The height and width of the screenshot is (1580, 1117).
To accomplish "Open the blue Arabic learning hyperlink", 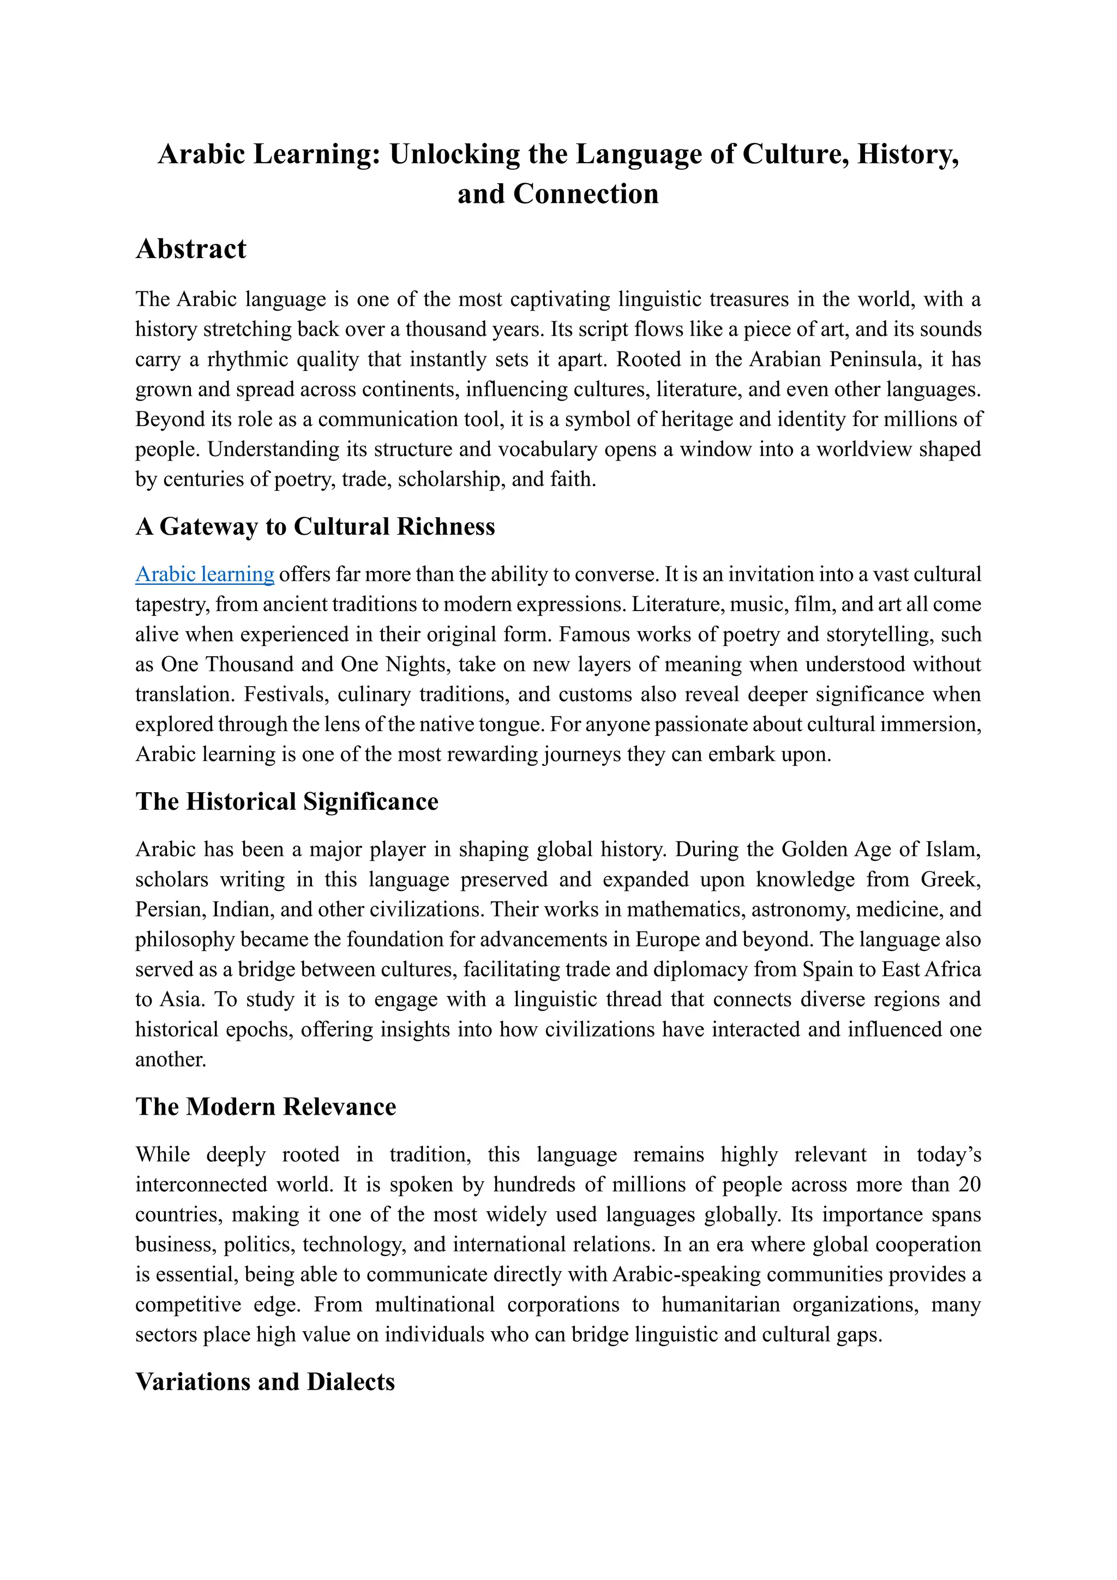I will pyautogui.click(x=205, y=574).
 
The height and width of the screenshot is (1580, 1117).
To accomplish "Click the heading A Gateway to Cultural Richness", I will pyautogui.click(x=315, y=526).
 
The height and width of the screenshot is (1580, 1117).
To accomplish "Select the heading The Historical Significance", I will pyautogui.click(x=287, y=801).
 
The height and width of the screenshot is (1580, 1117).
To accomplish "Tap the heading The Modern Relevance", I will pyautogui.click(x=266, y=1106).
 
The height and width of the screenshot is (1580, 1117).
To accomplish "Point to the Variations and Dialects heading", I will pyautogui.click(x=265, y=1382).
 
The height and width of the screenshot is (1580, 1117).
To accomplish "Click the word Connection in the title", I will pyautogui.click(x=585, y=194).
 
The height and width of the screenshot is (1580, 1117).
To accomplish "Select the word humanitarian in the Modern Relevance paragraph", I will pyautogui.click(x=721, y=1304).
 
